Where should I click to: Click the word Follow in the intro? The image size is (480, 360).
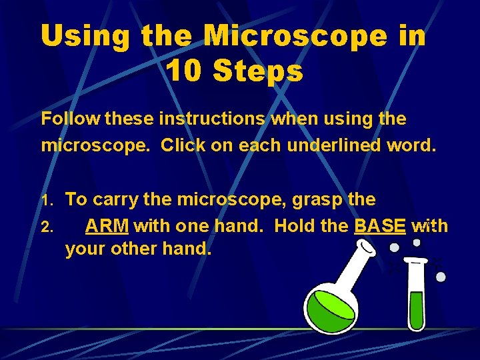tap(69, 119)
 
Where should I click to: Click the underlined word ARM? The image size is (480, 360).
tap(107, 226)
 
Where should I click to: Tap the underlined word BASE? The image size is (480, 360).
tap(380, 226)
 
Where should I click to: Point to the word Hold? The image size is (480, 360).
tap(294, 226)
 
